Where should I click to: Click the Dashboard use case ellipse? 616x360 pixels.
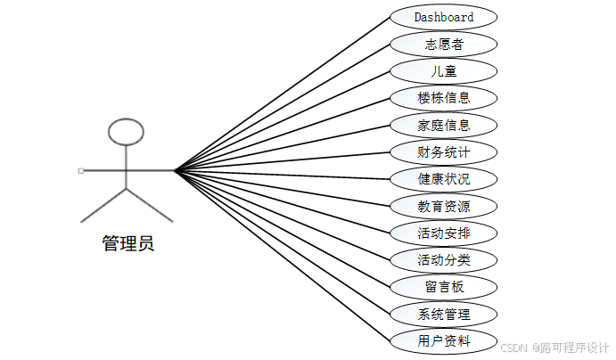coord(443,17)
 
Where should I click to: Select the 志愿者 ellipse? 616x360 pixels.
coord(443,44)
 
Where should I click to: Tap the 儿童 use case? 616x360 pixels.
coord(443,70)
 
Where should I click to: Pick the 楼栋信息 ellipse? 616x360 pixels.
coord(443,97)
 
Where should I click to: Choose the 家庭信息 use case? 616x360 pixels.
coord(443,125)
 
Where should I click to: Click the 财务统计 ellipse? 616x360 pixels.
coord(443,151)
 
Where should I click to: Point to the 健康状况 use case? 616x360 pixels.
coord(443,178)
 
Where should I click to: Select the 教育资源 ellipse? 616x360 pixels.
coord(443,206)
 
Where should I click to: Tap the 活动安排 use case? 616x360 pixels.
coord(443,233)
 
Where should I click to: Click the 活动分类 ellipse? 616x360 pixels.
coord(443,259)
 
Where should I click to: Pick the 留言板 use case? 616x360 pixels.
coord(443,286)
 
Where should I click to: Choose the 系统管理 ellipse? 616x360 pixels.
coord(443,314)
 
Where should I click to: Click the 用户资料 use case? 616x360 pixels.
coord(443,340)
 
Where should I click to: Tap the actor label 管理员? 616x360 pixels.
coord(127,243)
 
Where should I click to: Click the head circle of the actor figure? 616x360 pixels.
coord(126,132)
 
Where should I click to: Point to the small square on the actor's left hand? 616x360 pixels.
coord(80,169)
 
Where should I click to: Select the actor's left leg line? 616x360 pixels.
coord(103,205)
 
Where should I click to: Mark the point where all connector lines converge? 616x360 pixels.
coord(174,169)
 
